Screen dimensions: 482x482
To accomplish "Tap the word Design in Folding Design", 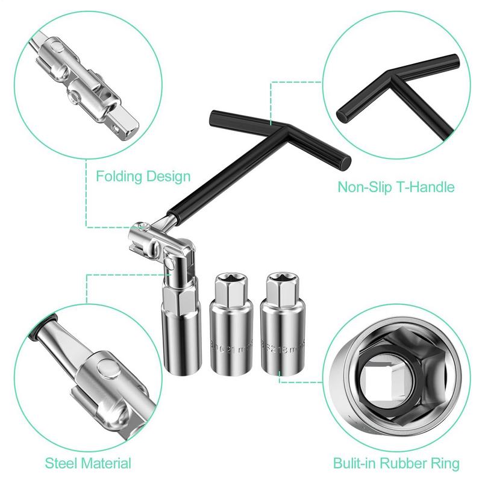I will [x=166, y=177].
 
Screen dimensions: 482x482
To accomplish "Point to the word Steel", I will [x=63, y=463].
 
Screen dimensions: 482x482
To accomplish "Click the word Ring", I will [x=446, y=463].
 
